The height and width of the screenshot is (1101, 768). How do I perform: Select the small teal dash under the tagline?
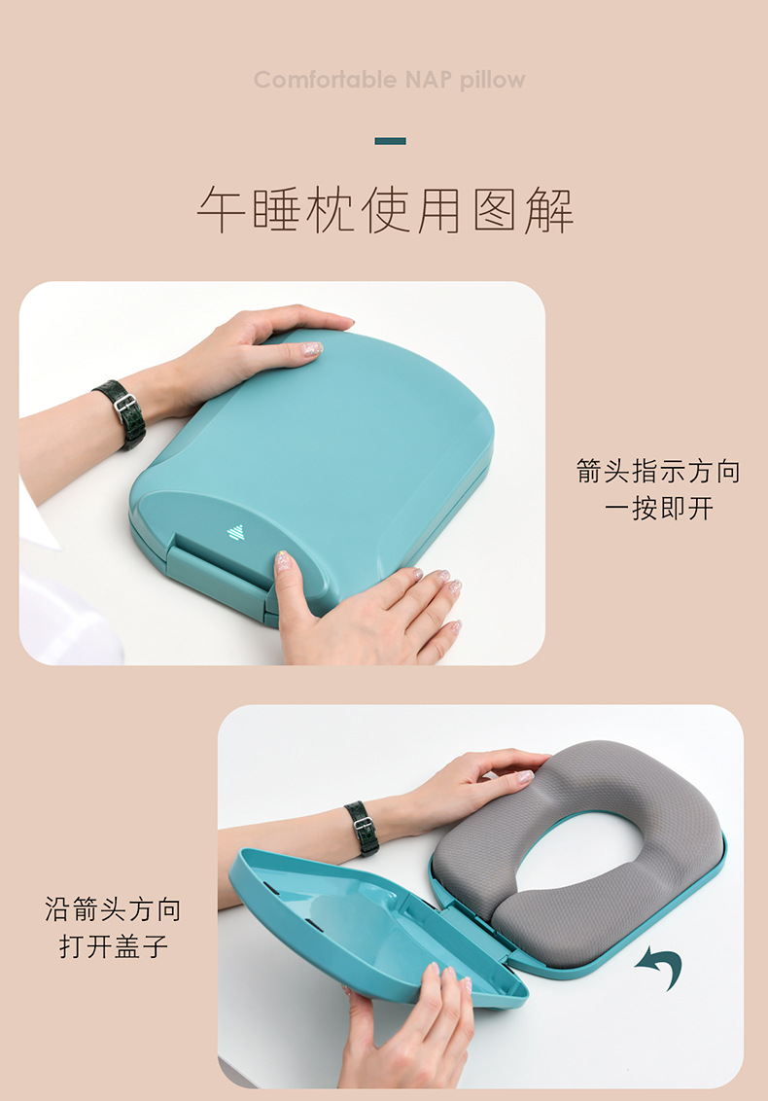click(390, 141)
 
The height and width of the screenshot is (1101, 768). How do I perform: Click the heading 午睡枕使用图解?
click(385, 210)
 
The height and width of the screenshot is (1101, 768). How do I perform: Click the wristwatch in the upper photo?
click(122, 412)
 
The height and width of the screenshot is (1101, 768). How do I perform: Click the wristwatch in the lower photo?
click(362, 828)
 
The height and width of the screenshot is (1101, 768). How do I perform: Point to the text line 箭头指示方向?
click(658, 473)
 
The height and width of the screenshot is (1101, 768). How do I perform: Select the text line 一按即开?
click(658, 508)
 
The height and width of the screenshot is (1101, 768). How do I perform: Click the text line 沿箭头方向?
click(113, 910)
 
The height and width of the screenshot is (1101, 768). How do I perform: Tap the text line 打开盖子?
click(113, 945)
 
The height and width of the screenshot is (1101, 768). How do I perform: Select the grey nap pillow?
click(583, 846)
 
